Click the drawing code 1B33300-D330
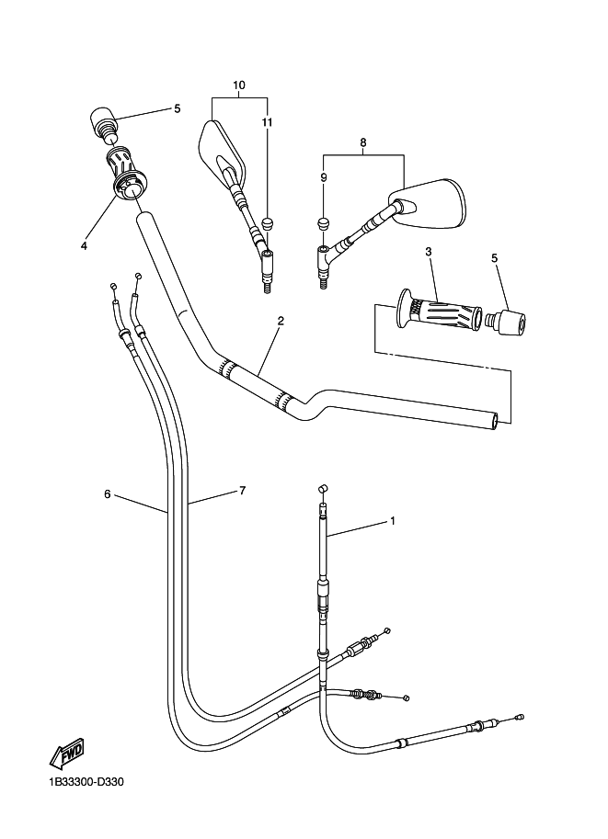click(86, 782)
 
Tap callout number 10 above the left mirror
click(239, 85)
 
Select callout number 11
click(267, 122)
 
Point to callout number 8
click(363, 142)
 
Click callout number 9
click(324, 177)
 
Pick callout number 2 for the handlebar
click(281, 321)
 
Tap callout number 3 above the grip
click(429, 251)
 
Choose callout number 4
click(84, 245)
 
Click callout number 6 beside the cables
click(107, 493)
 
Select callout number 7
click(242, 490)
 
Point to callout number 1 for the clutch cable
click(392, 521)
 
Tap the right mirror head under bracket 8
click(427, 201)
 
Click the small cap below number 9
click(324, 223)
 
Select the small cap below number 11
click(267, 222)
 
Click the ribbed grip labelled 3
click(438, 312)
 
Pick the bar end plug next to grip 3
click(506, 322)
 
